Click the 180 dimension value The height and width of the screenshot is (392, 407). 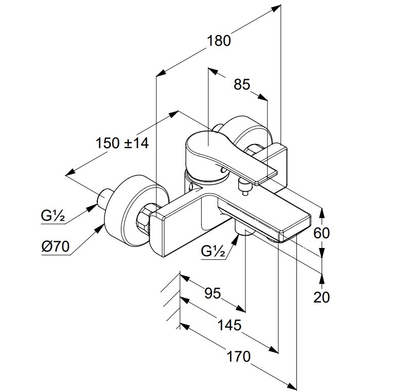point(220,41)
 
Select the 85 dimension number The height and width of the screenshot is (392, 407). point(242,84)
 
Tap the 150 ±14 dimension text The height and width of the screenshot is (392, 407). point(122,143)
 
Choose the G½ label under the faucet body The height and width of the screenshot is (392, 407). point(213,252)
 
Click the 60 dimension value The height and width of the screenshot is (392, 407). point(322,233)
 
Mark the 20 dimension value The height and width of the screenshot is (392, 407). point(322,297)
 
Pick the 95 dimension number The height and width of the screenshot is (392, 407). point(213,293)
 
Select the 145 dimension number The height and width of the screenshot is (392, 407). point(229,325)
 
